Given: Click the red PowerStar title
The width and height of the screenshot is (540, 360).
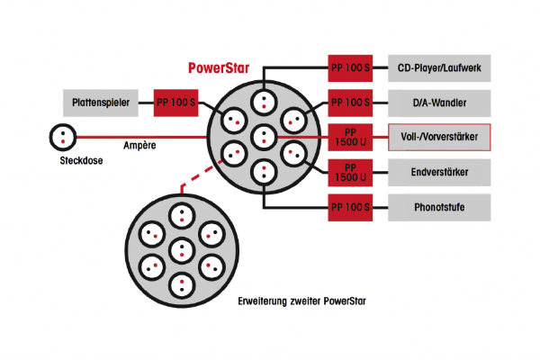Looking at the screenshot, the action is [x=219, y=67].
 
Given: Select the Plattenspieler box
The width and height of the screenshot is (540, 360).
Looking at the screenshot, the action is [x=101, y=103].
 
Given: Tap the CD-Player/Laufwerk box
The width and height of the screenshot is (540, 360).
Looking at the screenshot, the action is [x=439, y=67].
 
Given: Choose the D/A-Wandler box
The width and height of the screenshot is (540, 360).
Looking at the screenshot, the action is [x=439, y=103].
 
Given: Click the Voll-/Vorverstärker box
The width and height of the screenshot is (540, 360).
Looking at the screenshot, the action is [x=439, y=137].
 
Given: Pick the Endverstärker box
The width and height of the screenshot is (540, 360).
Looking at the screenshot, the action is [x=439, y=172].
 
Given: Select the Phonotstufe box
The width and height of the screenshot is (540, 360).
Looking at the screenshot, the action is [x=439, y=207].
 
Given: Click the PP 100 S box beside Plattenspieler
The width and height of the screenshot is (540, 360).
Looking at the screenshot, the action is [x=176, y=103].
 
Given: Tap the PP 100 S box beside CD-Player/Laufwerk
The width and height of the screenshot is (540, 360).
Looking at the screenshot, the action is [x=350, y=67].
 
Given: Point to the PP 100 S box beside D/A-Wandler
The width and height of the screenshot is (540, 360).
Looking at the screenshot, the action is [x=350, y=103].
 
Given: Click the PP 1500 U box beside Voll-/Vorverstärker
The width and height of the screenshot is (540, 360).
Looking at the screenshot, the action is [x=350, y=137].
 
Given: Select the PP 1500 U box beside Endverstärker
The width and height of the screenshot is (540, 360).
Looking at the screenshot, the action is [x=350, y=172].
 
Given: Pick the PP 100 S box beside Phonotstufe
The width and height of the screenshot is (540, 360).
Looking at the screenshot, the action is [x=350, y=207].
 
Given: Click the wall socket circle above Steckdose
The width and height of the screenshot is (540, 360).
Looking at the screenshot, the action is [x=63, y=137].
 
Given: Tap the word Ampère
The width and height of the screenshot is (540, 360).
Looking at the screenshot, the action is [x=139, y=146].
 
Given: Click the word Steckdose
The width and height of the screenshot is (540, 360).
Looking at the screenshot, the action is [x=81, y=160].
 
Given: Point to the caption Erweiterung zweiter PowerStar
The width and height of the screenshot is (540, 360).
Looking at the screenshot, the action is [x=301, y=301].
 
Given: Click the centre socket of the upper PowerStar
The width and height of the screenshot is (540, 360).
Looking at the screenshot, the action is [x=264, y=137].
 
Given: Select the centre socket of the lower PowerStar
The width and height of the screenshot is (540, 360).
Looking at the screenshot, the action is [x=182, y=250].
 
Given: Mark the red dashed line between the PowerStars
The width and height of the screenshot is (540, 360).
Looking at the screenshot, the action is [x=197, y=176].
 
